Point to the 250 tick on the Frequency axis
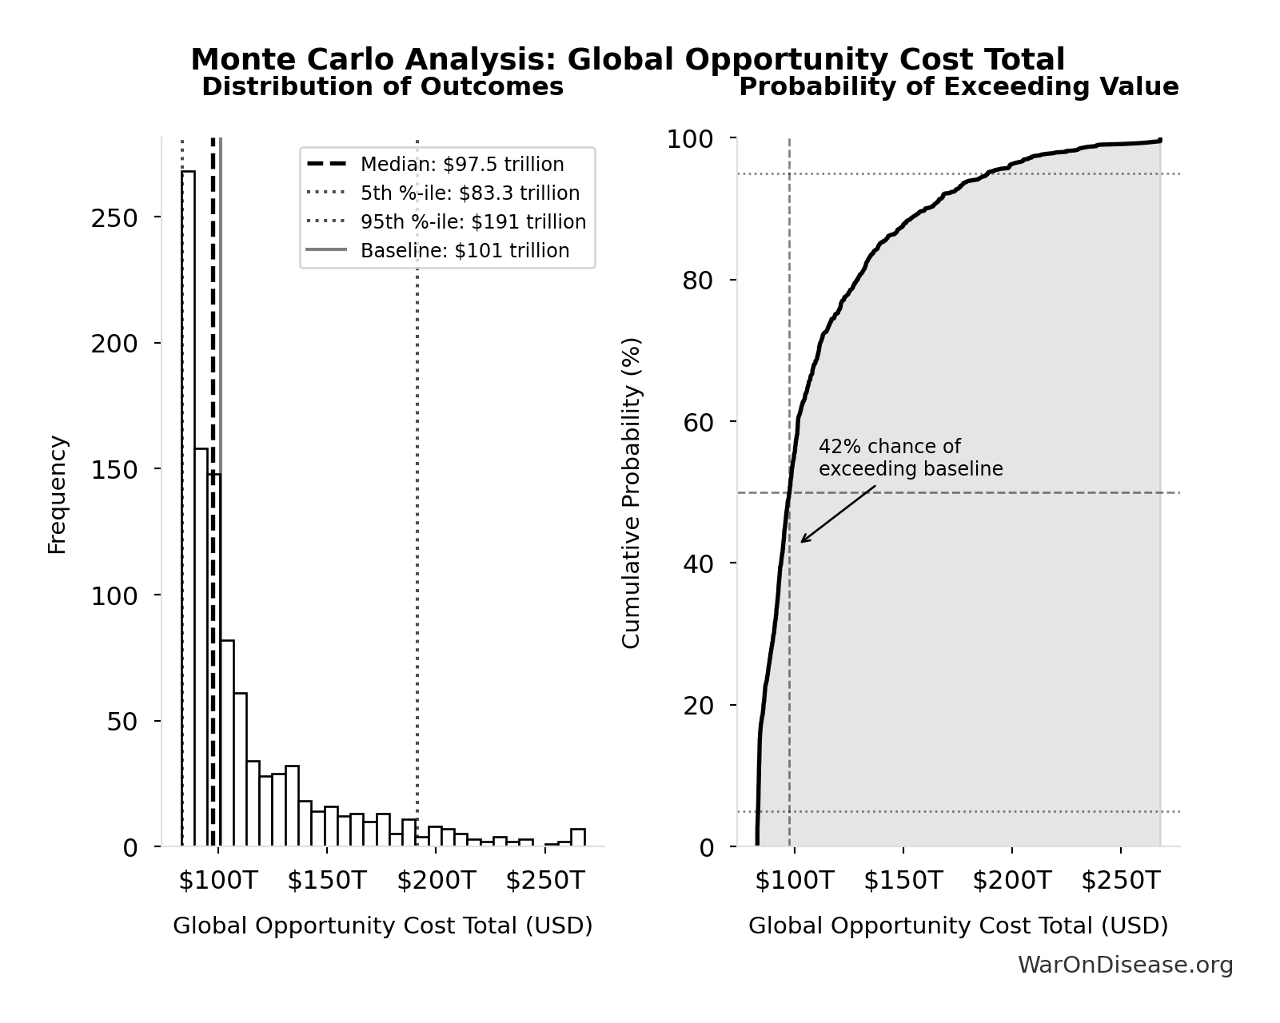(114, 218)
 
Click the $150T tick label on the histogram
(326, 881)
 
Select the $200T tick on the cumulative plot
(1011, 881)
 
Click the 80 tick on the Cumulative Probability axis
(697, 281)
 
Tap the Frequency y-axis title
(58, 494)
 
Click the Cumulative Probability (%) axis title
(632, 493)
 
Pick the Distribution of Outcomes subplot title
(382, 87)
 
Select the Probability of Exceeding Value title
(958, 87)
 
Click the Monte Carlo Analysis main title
(627, 60)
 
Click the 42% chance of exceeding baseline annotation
(910, 458)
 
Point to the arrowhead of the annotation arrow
(803, 541)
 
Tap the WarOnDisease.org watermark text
(1125, 965)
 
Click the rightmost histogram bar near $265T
(578, 838)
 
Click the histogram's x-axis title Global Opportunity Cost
(382, 926)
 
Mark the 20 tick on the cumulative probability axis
(697, 706)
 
